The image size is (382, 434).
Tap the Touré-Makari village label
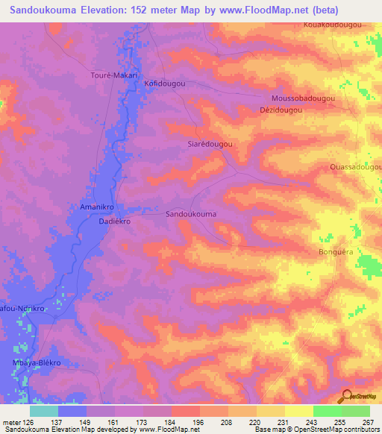pyautogui.click(x=111, y=75)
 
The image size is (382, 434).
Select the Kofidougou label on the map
pyautogui.click(x=164, y=84)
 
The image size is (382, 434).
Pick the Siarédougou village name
pyautogui.click(x=210, y=145)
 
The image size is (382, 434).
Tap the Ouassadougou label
pyautogui.click(x=355, y=168)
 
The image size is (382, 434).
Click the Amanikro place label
pyautogui.click(x=95, y=206)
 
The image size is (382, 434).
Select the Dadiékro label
pyautogui.click(x=115, y=222)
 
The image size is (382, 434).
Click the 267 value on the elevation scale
pyautogui.click(x=367, y=421)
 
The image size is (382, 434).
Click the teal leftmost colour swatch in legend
pyautogui.click(x=44, y=411)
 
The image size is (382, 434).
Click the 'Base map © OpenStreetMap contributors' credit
pyautogui.click(x=316, y=430)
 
